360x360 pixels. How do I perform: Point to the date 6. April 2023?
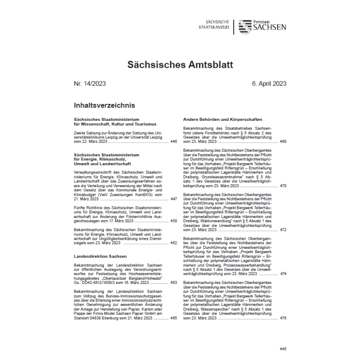click(x=269, y=84)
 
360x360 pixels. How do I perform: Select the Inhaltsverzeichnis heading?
click(x=104, y=105)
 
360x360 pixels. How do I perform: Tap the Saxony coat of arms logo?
click(x=245, y=27)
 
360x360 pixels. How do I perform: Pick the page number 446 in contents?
click(x=173, y=141)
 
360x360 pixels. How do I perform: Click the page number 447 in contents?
click(x=173, y=199)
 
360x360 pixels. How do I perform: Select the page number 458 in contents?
click(x=173, y=220)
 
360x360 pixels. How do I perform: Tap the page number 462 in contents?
click(x=173, y=242)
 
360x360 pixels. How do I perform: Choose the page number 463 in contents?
click(x=173, y=282)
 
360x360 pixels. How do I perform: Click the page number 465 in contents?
click(x=173, y=318)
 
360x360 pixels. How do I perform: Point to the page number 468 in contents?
click(x=283, y=141)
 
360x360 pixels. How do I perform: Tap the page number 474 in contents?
click(x=283, y=274)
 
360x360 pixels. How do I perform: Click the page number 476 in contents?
click(x=283, y=318)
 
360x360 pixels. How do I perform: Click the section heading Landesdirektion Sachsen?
click(x=100, y=256)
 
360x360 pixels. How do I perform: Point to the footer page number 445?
click(x=282, y=349)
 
